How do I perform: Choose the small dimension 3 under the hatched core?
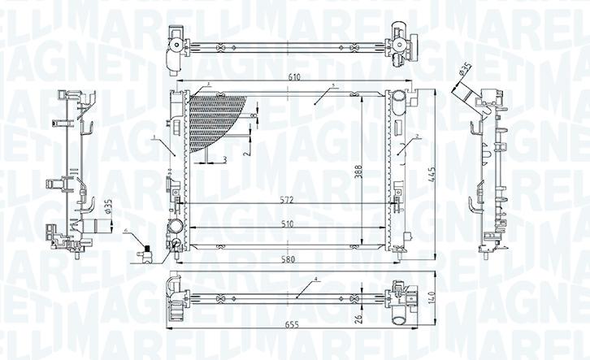click(224, 158)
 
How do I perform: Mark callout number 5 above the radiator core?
click(333, 86)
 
